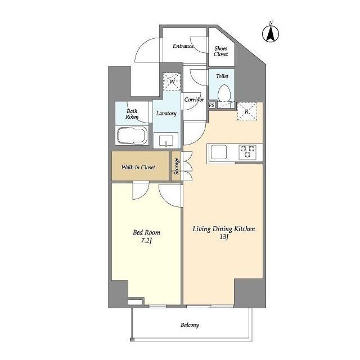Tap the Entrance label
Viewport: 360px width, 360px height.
[183, 46]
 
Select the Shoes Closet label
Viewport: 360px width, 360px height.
[221, 51]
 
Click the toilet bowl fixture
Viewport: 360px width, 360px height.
[224, 92]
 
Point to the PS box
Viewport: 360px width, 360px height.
[211, 105]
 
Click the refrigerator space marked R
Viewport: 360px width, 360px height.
[246, 111]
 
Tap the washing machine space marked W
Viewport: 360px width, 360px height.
[172, 81]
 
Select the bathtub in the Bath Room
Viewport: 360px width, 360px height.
[132, 136]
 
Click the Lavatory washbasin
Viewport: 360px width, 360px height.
[166, 139]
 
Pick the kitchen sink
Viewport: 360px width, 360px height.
[218, 152]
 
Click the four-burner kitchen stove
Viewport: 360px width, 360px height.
[247, 152]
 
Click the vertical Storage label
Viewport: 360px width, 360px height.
[176, 166]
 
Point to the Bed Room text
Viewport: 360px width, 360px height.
[146, 232]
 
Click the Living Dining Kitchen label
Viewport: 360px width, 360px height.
[224, 229]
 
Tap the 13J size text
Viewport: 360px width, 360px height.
[224, 237]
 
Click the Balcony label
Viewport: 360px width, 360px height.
[190, 325]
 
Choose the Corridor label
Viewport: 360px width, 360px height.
[193, 100]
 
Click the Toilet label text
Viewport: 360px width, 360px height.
[222, 75]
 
